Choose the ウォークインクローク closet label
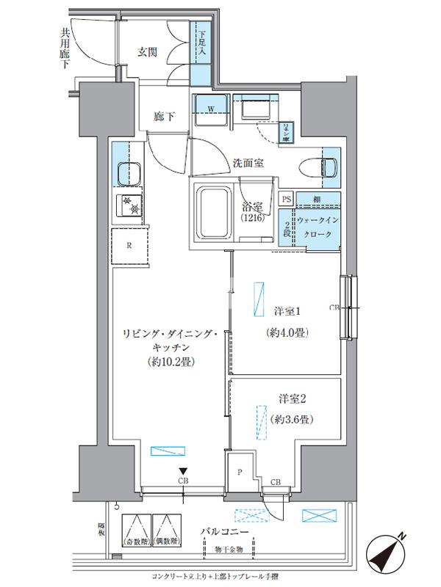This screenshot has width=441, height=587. pyautogui.click(x=318, y=227)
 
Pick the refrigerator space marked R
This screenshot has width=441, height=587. pyautogui.click(x=130, y=245)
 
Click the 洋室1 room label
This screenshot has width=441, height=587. pyautogui.click(x=283, y=310)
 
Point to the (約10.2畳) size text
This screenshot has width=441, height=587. pyautogui.click(x=170, y=362)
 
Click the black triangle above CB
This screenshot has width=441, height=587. pyautogui.click(x=181, y=472)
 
